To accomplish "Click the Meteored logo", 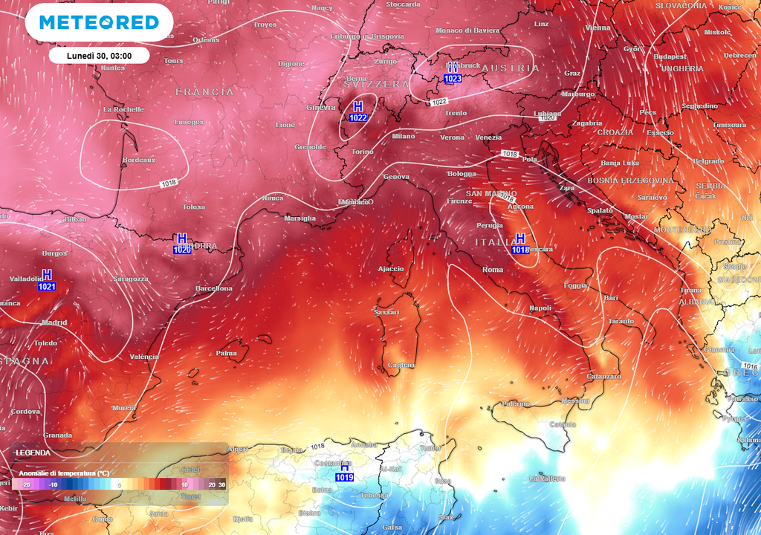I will pyautogui.click(x=99, y=22).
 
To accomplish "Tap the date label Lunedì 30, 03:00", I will pyautogui.click(x=99, y=56).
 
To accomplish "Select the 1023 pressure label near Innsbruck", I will pyautogui.click(x=453, y=78).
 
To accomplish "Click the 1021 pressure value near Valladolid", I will pyautogui.click(x=47, y=286).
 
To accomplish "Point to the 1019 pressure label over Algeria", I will pyautogui.click(x=344, y=477).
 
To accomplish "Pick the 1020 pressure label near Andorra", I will pyautogui.click(x=182, y=250).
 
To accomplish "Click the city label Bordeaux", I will pyautogui.click(x=139, y=160).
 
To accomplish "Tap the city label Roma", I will pyautogui.click(x=493, y=269).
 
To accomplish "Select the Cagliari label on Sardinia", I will pyautogui.click(x=401, y=365).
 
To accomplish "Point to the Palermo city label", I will pyautogui.click(x=516, y=403).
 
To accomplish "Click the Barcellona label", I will pyautogui.click(x=214, y=288).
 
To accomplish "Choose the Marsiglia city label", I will pyautogui.click(x=300, y=218).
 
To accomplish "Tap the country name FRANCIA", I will pyautogui.click(x=204, y=92).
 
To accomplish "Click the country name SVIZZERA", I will pyautogui.click(x=377, y=85).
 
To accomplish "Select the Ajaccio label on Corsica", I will pyautogui.click(x=391, y=268).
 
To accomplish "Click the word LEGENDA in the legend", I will pyautogui.click(x=33, y=452).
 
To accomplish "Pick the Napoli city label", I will pyautogui.click(x=540, y=308).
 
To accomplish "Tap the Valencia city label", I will pyautogui.click(x=144, y=357).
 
